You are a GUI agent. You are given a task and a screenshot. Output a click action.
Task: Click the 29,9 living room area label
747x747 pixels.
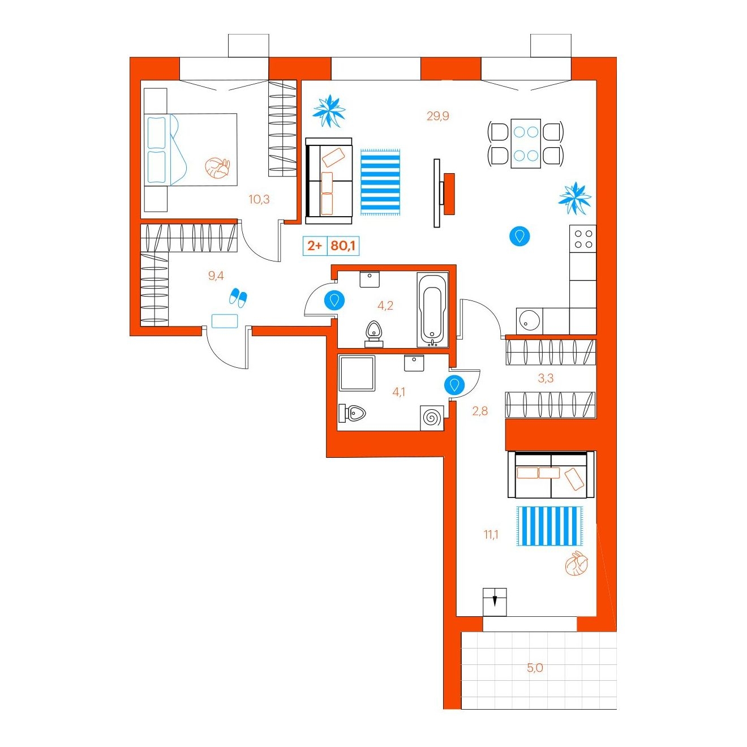tap(437, 116)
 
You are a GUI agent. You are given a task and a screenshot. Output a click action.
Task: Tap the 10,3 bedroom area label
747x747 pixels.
tap(259, 200)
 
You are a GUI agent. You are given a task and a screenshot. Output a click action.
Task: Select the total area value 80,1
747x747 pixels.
tap(343, 246)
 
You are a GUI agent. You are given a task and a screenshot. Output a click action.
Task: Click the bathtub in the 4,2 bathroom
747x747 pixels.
tap(432, 310)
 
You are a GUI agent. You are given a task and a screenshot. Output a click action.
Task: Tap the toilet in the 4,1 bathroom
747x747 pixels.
tap(352, 413)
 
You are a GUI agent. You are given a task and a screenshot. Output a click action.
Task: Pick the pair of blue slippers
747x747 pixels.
tap(238, 297)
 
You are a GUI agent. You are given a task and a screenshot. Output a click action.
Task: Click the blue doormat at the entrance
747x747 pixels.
tap(225, 321)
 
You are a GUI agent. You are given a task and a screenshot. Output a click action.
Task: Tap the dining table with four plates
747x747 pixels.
tap(526, 143)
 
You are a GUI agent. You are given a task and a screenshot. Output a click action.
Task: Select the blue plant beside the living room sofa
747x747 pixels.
tap(329, 111)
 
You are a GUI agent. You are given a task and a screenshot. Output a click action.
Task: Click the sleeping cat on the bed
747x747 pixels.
tap(217, 168)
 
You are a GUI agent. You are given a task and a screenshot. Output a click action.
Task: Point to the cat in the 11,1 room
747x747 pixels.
tap(577, 563)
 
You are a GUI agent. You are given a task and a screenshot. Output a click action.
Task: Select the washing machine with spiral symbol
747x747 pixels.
tap(432, 418)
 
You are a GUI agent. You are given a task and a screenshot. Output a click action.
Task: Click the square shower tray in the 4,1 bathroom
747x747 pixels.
tap(357, 373)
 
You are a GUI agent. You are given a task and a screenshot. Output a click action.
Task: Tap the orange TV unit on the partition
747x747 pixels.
tap(449, 194)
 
